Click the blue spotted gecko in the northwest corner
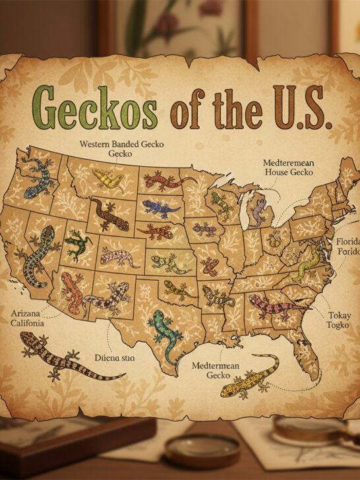(34, 176)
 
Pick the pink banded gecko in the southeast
(277, 305)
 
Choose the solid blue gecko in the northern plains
(161, 208)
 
